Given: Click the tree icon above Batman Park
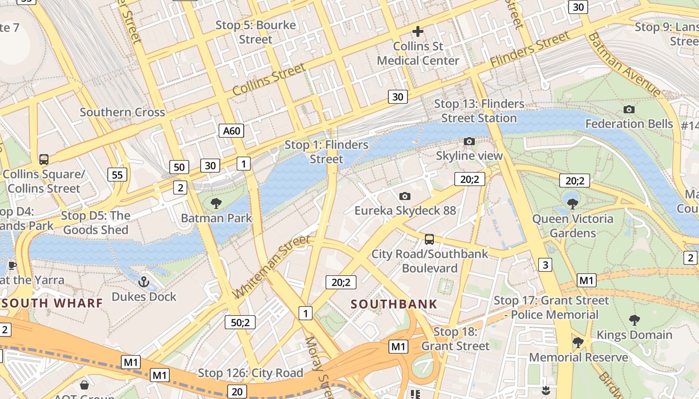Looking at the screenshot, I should (216, 203).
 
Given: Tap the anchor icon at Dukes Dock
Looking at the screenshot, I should (144, 282).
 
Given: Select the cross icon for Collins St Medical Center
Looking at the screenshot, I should (418, 31).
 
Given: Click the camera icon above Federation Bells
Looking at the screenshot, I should (629, 109).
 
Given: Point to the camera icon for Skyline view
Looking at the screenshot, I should (469, 141).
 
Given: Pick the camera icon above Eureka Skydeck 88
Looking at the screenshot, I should (405, 196).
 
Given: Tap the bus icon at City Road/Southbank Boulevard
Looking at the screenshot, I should (429, 239).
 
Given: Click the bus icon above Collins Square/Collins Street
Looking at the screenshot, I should (44, 160).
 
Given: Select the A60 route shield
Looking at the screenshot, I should (232, 131).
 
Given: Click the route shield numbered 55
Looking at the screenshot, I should (117, 175).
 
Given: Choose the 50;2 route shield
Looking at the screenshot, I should (240, 322).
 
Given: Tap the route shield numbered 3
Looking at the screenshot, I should (545, 265).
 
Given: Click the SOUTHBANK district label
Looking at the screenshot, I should (394, 304).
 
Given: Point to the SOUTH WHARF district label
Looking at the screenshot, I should (52, 303).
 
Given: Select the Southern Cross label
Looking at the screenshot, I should (122, 112).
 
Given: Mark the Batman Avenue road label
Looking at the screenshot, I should (624, 64).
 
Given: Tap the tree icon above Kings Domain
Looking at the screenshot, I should (635, 320).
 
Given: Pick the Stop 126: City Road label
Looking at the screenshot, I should (251, 373).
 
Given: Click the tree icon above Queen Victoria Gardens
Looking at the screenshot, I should (573, 203).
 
